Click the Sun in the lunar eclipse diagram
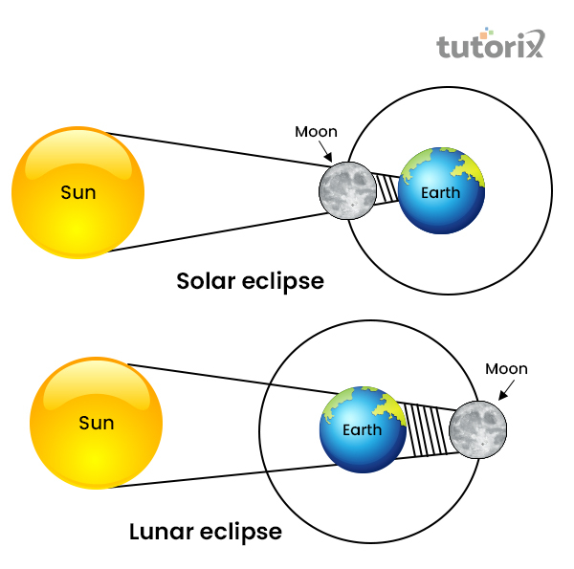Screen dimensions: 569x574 tap(96, 423)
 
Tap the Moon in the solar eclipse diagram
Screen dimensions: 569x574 tap(345, 190)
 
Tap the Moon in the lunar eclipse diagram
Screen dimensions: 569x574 tap(478, 427)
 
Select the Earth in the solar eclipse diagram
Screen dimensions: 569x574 tap(441, 191)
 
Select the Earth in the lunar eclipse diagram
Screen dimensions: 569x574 tap(363, 430)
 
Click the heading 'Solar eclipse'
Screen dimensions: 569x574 tap(250, 281)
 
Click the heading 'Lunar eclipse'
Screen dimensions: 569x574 tap(205, 531)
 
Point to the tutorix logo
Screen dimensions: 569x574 tap(491, 45)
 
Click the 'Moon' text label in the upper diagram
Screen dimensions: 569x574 tap(316, 132)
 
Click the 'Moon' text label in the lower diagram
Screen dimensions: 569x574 tap(506, 369)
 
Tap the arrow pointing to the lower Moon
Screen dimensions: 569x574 tap(501, 390)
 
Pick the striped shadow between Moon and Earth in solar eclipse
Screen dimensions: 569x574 tap(385, 188)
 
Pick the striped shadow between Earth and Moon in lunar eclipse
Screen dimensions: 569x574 tap(426, 428)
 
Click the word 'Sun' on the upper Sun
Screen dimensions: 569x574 tap(77, 192)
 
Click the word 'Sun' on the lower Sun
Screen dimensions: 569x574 tap(96, 423)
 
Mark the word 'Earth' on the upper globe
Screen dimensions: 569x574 tap(442, 193)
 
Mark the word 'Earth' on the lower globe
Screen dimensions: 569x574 tap(362, 430)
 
